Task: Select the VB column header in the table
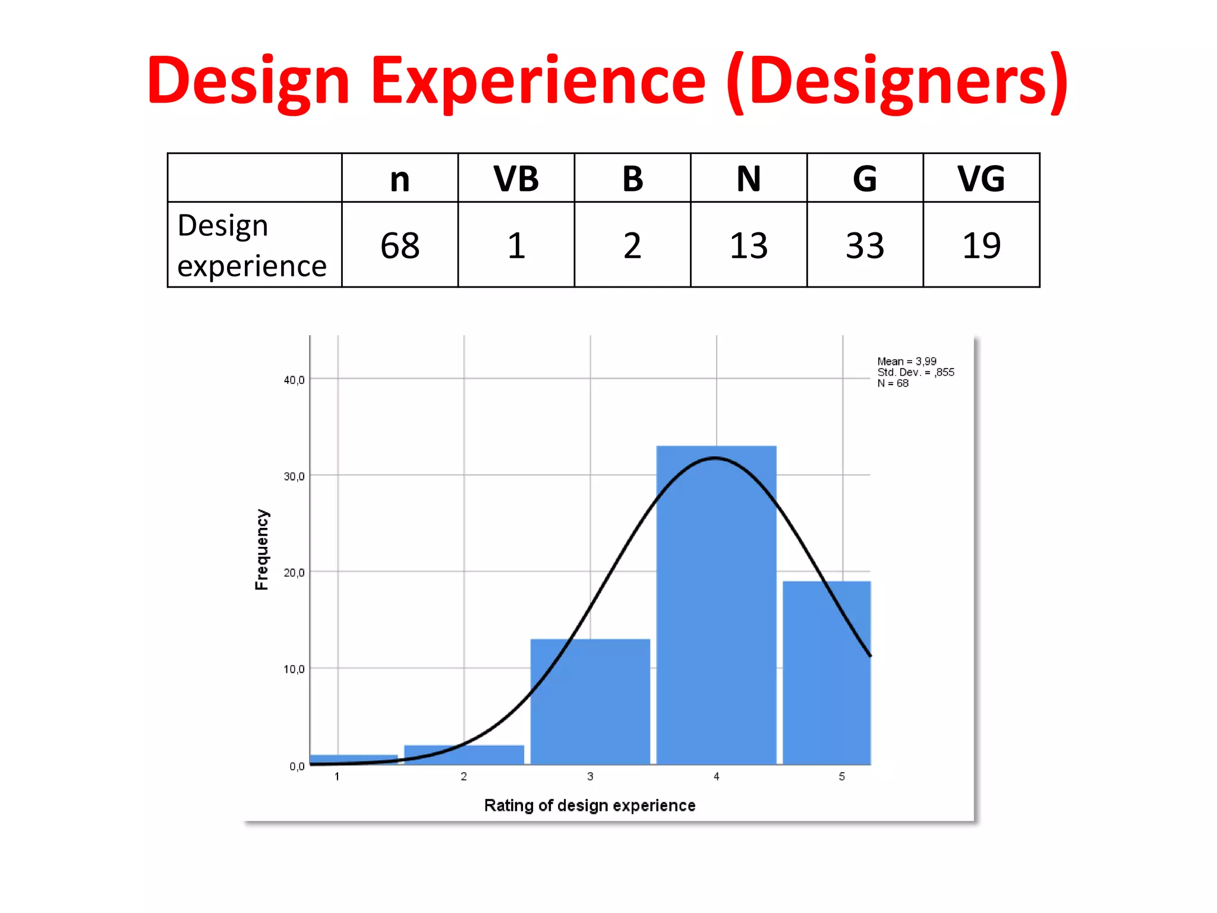(516, 178)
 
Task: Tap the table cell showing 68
(400, 245)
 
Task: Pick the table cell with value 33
(865, 245)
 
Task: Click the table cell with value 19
(981, 245)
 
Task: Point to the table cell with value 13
(749, 245)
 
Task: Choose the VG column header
(981, 178)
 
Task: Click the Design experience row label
(252, 245)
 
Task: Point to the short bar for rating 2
(464, 755)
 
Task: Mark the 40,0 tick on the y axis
(294, 380)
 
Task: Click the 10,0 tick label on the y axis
(294, 669)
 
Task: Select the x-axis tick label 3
(590, 776)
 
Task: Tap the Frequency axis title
(262, 549)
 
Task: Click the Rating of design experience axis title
(589, 805)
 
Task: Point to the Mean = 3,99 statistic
(907, 361)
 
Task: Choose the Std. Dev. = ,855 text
(916, 372)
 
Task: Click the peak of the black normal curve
(715, 458)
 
